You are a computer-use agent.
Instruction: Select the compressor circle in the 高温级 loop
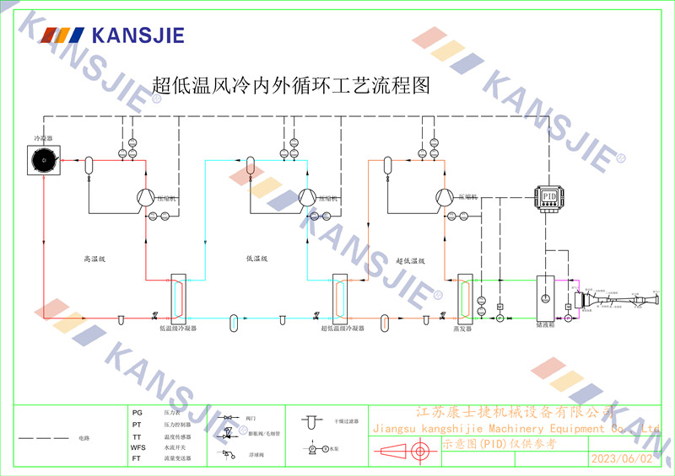coord(145,196)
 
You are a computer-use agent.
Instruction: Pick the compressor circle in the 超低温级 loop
coord(443,196)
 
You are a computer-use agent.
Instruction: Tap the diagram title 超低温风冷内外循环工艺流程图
coord(291,85)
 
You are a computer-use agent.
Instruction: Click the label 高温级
coord(93,259)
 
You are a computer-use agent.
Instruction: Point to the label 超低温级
coord(409,260)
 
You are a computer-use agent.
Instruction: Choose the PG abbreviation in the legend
coord(138,414)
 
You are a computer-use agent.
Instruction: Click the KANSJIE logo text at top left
coord(137,35)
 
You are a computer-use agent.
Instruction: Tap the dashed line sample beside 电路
coord(43,439)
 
